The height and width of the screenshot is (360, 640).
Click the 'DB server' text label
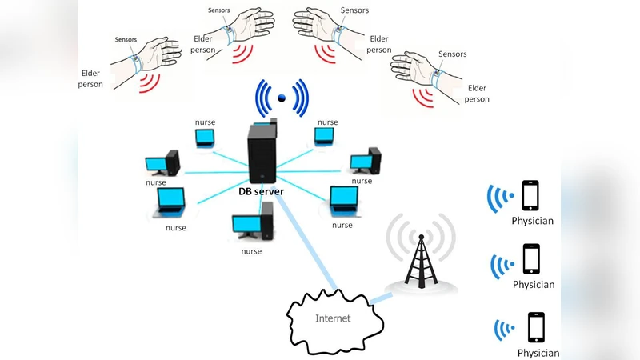tap(262, 192)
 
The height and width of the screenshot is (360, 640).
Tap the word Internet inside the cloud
tap(332, 318)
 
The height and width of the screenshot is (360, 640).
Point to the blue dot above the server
tap(281, 98)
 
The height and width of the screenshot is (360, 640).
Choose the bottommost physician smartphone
tap(536, 328)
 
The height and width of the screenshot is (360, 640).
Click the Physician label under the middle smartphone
tap(533, 285)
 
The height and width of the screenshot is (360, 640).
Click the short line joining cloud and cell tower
tap(382, 298)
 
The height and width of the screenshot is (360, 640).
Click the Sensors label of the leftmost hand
tap(126, 38)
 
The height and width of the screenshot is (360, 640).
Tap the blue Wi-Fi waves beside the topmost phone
tap(502, 198)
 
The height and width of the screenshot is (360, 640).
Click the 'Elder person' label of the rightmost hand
tap(477, 94)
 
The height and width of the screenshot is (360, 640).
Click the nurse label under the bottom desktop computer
tap(251, 251)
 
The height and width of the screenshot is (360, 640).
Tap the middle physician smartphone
tap(530, 260)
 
